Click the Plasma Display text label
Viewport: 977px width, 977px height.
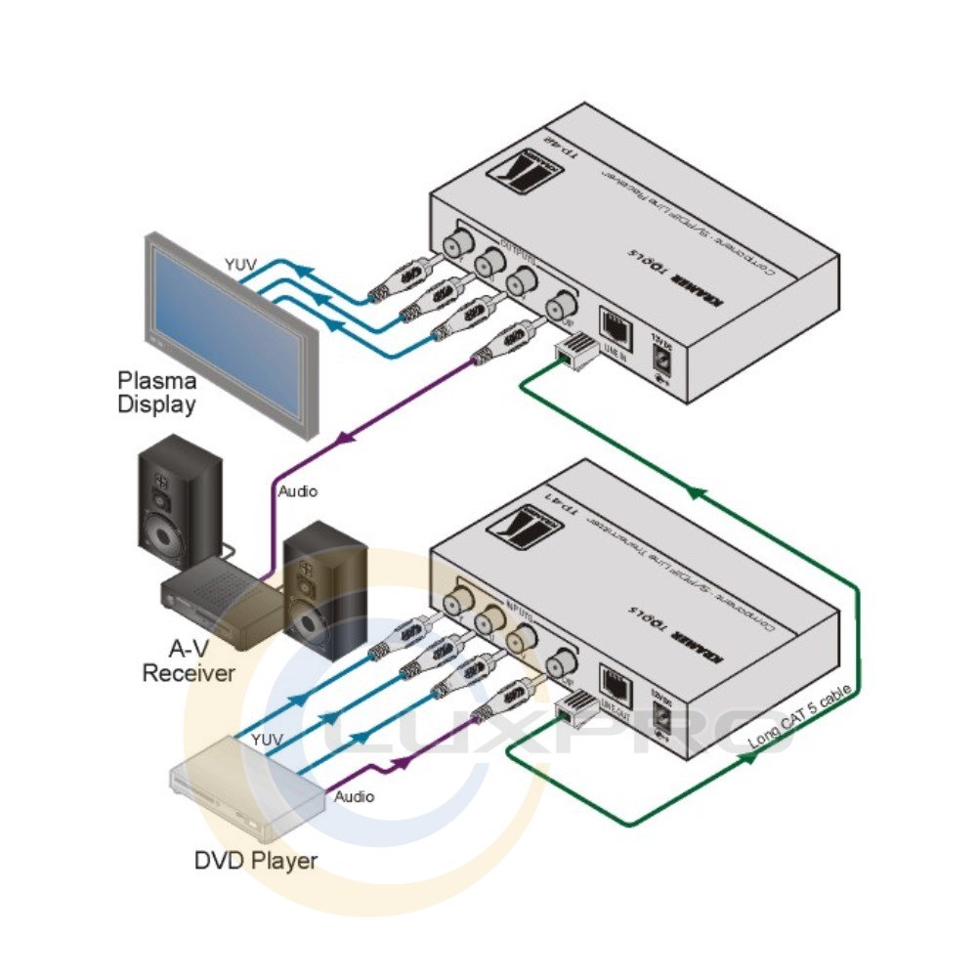pos(157,392)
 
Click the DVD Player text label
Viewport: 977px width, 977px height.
pos(256,861)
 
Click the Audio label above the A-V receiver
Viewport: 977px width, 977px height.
pos(297,492)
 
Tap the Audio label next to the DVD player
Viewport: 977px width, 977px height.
pos(355,797)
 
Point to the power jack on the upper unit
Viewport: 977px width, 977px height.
pos(663,360)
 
